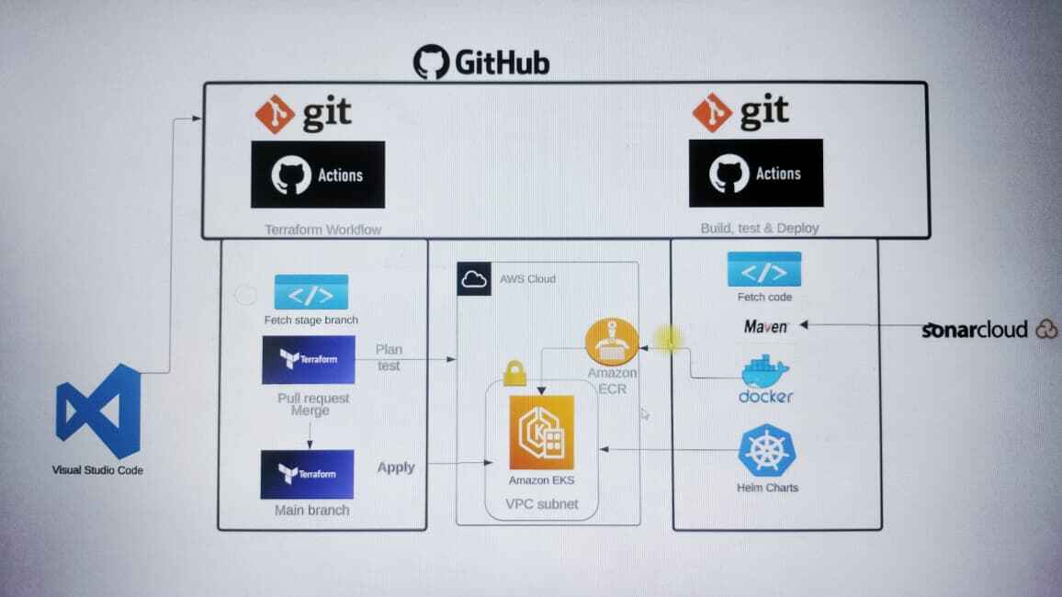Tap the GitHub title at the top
(481, 62)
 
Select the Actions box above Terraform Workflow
(318, 175)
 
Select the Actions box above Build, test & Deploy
(755, 173)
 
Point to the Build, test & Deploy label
(759, 228)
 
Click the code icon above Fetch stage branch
(311, 293)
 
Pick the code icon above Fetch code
(764, 270)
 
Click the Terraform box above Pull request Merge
(308, 359)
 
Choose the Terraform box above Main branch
(307, 474)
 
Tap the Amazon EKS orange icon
(541, 433)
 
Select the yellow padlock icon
(514, 374)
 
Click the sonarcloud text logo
(977, 330)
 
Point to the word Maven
(766, 326)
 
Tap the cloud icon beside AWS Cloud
(474, 279)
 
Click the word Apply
(396, 467)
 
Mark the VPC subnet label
(541, 503)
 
